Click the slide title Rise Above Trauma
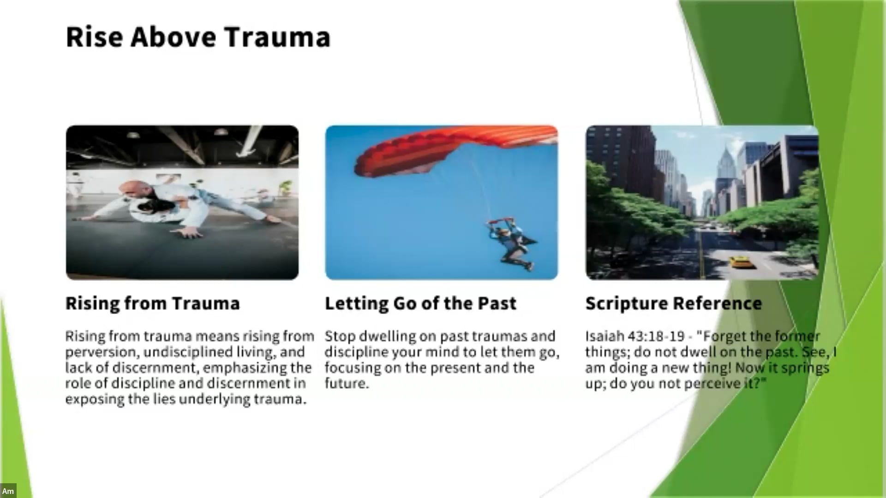tap(198, 37)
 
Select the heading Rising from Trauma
tap(153, 304)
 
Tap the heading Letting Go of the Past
tap(420, 304)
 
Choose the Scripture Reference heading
tap(674, 304)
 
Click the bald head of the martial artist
tap(130, 189)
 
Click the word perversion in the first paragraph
tap(102, 353)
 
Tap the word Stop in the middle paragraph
tap(340, 337)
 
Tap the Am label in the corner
tap(8, 491)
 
